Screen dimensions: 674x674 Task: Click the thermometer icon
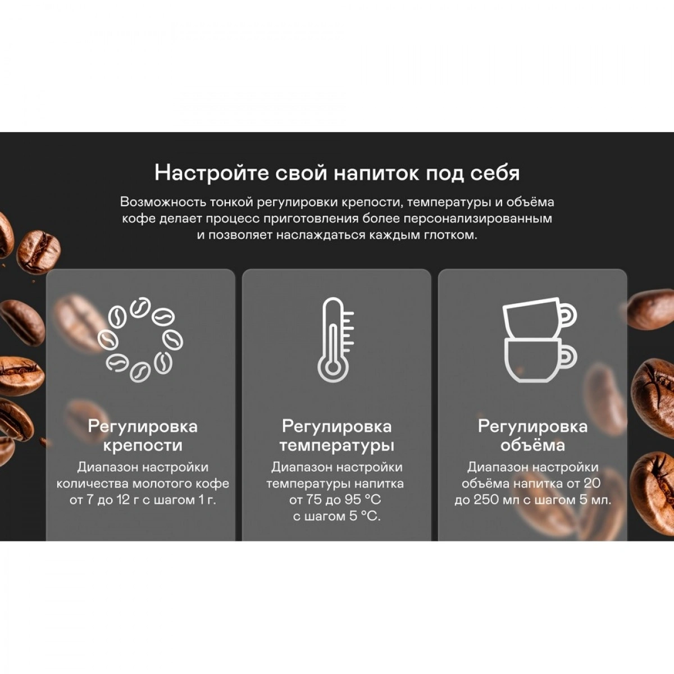pos(335,339)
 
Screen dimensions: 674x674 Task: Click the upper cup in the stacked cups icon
pos(539,317)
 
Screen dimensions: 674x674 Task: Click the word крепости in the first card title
pos(143,445)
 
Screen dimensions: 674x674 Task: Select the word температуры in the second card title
pos(337,445)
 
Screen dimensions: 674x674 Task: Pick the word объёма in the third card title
pos(532,445)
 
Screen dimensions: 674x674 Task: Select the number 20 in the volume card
pos(592,484)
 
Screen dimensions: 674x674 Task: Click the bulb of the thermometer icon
pos(333,368)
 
